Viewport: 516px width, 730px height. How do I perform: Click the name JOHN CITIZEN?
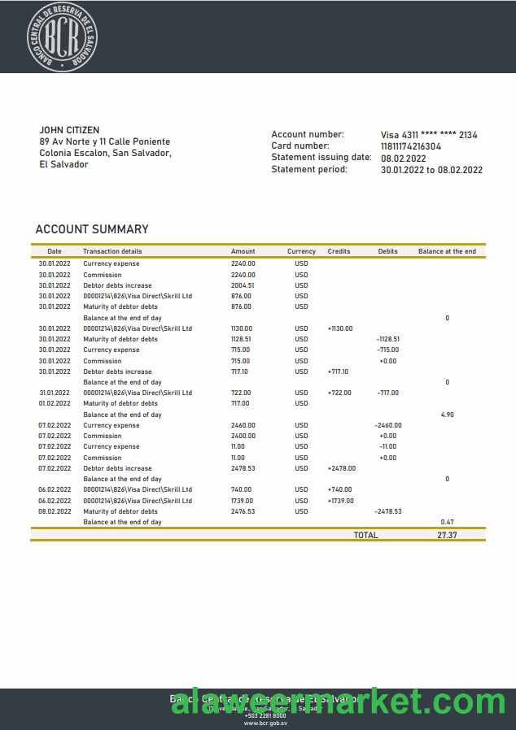(x=69, y=130)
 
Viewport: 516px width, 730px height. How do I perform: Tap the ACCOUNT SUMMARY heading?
(x=92, y=229)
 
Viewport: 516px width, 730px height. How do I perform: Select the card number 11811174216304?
(x=411, y=146)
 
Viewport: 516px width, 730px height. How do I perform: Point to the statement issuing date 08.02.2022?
(x=404, y=159)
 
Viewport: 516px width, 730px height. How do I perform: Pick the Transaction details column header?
(x=112, y=252)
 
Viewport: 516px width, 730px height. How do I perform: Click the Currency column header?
(x=301, y=252)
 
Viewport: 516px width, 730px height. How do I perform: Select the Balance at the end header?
(x=447, y=252)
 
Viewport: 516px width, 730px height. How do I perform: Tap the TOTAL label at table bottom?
(x=365, y=536)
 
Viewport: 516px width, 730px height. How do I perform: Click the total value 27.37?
(x=448, y=536)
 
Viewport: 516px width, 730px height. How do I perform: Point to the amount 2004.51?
(x=243, y=285)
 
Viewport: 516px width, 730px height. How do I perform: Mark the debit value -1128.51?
(x=388, y=339)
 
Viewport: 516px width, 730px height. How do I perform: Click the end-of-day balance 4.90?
(x=447, y=415)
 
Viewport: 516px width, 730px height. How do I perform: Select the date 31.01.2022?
(x=55, y=393)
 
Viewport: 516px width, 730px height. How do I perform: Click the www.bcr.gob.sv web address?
(x=265, y=723)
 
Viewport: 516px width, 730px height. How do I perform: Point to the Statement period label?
(x=309, y=170)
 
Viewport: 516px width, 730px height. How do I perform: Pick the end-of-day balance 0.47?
(x=447, y=522)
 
